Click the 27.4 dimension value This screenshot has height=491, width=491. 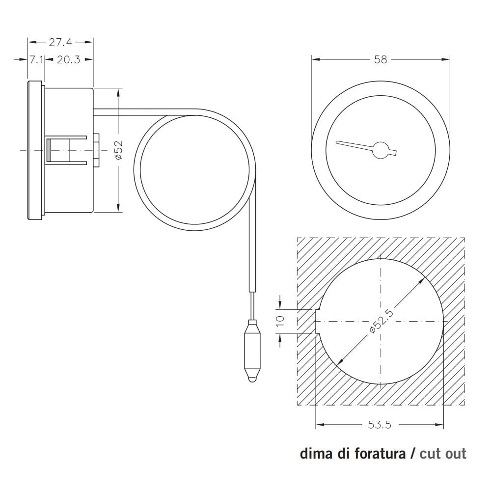point(60,42)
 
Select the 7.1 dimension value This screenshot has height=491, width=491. point(35,60)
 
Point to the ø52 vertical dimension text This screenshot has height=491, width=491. point(118,150)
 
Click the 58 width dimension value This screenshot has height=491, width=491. point(381,59)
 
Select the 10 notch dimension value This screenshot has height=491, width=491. point(280,322)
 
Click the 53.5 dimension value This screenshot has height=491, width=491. point(380,425)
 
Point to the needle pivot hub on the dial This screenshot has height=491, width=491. point(381,149)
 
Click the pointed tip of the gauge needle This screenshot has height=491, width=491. point(337,143)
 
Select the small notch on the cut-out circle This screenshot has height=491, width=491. point(317,322)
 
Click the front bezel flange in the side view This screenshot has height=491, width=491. point(34,150)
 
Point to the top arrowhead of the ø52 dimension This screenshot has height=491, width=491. point(118,91)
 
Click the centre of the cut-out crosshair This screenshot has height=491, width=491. point(381,322)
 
